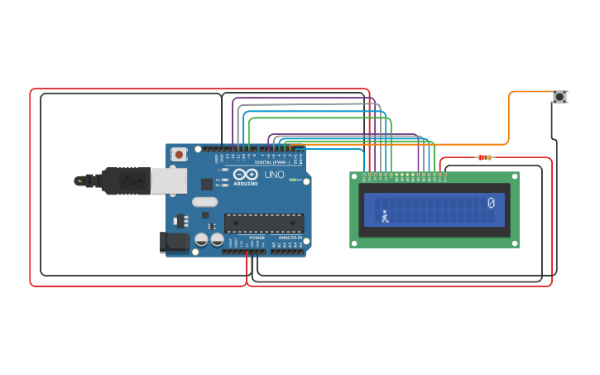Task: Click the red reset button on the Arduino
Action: click(x=179, y=154)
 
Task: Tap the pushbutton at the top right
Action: click(x=559, y=97)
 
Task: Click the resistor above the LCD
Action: click(x=485, y=157)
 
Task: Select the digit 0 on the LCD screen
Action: click(x=491, y=203)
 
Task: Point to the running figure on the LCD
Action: click(x=385, y=217)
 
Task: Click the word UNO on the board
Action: click(x=274, y=175)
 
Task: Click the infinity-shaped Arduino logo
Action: click(x=245, y=175)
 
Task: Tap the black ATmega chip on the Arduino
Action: click(x=264, y=223)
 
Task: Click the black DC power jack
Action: click(x=174, y=242)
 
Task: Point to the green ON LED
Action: click(x=291, y=180)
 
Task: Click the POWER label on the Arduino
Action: click(x=257, y=238)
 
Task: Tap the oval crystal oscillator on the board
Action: click(x=204, y=202)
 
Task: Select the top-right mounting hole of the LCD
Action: click(x=513, y=177)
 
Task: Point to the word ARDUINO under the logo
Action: click(x=245, y=184)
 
